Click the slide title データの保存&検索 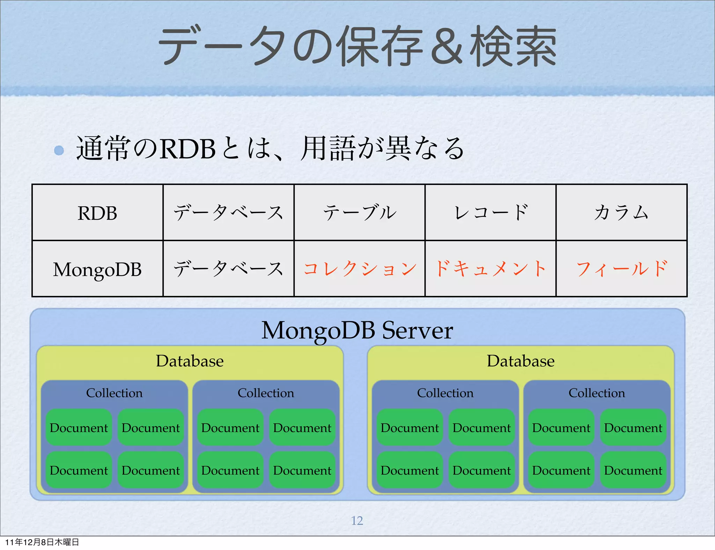tap(357, 46)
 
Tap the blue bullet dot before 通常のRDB tap(59, 150)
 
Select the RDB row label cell tap(97, 213)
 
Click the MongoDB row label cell tap(97, 269)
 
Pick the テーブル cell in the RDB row tap(360, 213)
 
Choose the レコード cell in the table tap(491, 213)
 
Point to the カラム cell tap(621, 213)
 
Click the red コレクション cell tap(360, 269)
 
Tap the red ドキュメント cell tap(491, 269)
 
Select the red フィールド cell tap(621, 269)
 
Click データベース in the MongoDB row tap(228, 269)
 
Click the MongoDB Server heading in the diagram tap(357, 330)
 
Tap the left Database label tap(190, 361)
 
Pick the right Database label tap(521, 361)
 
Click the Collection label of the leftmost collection tap(114, 393)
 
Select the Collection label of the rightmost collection tap(597, 393)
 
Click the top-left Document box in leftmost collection tap(79, 428)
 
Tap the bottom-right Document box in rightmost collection tap(633, 470)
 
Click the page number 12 tap(357, 520)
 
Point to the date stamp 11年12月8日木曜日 tap(42, 542)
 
